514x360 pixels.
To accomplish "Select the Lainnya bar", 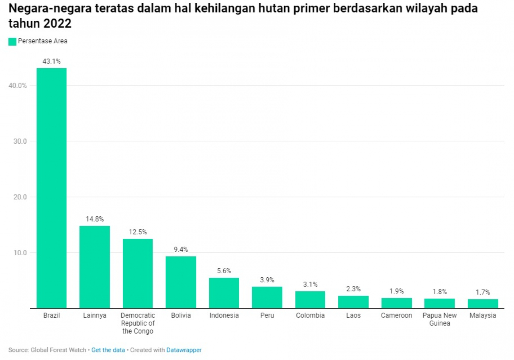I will [94, 267].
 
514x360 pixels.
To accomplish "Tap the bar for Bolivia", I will [181, 282].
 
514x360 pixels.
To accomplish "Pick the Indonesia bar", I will [224, 293].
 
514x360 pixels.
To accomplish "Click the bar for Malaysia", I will [483, 304].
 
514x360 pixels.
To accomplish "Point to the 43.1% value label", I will [51, 61].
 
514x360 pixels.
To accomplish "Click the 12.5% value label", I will [138, 232].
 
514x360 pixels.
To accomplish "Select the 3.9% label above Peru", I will [267, 280].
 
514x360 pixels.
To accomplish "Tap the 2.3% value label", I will [353, 289].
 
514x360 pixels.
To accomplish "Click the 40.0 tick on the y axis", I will [18, 85].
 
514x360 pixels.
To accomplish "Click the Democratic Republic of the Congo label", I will [138, 323].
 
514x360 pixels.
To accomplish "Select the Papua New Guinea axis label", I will [440, 319].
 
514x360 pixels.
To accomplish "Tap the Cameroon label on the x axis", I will [396, 315].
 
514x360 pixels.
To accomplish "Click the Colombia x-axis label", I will [310, 315].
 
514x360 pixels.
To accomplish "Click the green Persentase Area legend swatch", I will [12, 41].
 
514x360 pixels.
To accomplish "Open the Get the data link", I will [108, 350].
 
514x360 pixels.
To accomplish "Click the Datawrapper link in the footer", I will [184, 350].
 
